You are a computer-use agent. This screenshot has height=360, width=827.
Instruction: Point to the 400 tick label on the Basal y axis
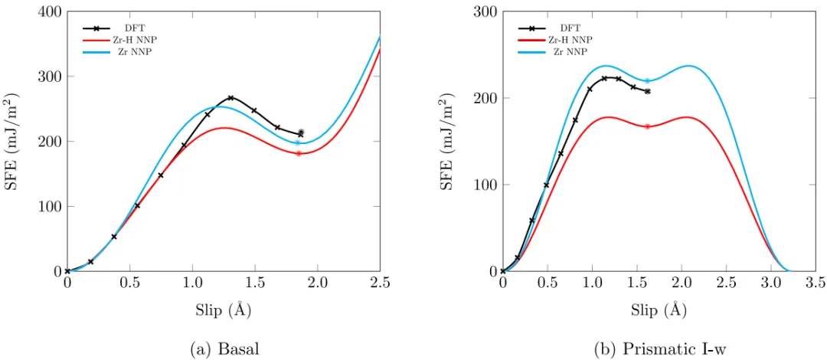[46, 12]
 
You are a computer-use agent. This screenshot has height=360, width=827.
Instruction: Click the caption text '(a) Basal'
[224, 349]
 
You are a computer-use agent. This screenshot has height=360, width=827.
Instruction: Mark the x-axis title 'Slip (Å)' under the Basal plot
[224, 309]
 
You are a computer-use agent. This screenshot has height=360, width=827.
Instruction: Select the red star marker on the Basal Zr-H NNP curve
[299, 153]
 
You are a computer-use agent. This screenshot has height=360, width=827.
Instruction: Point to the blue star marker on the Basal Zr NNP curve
[298, 142]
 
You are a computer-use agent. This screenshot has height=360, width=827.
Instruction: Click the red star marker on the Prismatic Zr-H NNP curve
[647, 126]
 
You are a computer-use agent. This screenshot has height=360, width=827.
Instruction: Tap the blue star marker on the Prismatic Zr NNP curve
[647, 81]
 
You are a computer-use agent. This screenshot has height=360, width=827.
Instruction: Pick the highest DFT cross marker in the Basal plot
[230, 98]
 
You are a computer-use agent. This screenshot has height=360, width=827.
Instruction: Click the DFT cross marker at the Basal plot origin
[67, 271]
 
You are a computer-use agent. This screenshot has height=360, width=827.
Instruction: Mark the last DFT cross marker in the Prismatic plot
[647, 91]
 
